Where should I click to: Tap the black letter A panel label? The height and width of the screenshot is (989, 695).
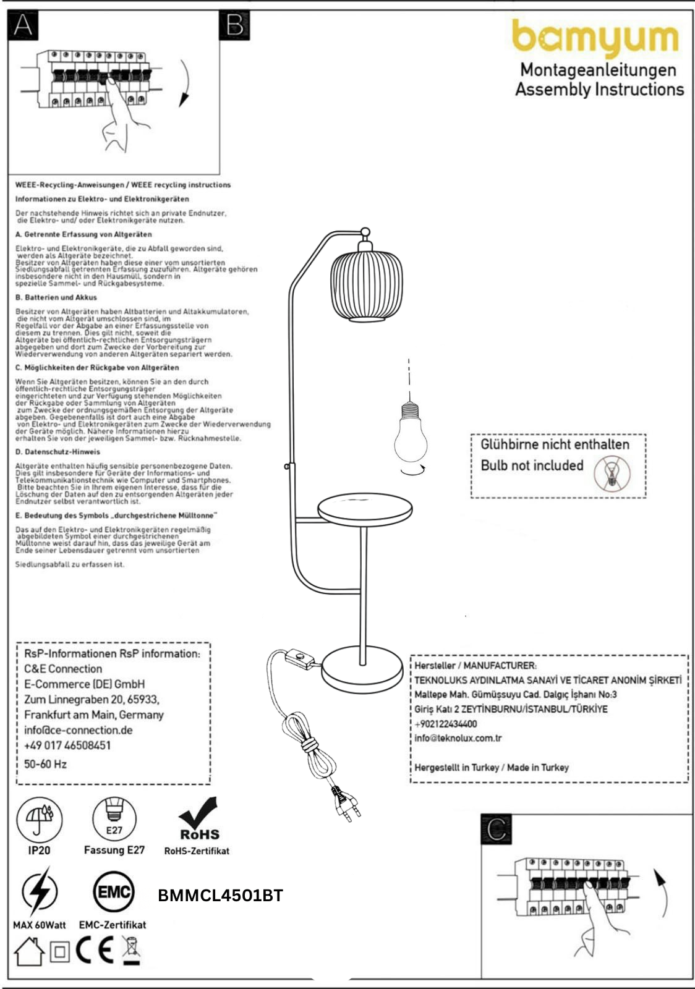(23, 25)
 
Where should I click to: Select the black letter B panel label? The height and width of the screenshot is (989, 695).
(234, 25)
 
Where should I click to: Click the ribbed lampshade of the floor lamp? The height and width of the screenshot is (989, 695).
(366, 285)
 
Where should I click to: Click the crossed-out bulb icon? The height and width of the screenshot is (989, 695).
(612, 474)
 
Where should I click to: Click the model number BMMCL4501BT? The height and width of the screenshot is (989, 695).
(220, 896)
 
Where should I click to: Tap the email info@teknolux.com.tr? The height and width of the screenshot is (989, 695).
(458, 738)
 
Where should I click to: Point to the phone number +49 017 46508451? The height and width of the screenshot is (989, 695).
(67, 745)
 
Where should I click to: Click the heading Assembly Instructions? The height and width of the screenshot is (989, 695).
(600, 89)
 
